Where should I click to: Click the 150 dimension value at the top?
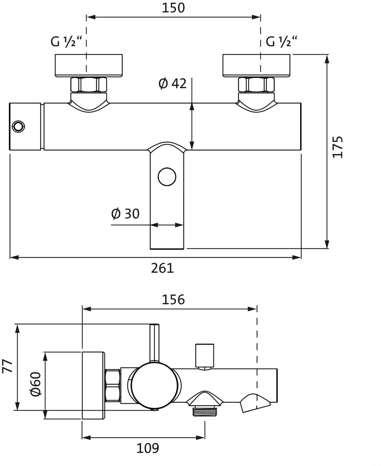pos(173,8)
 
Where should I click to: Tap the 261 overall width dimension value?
pos(162,268)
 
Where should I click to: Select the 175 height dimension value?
pos(338,147)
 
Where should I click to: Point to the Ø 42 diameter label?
pos(173,83)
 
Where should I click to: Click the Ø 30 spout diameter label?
pos(125,214)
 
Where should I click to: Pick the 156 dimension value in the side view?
pos(173,300)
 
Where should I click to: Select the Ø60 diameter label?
pos(35,384)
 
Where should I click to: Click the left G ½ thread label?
pos(66,41)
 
